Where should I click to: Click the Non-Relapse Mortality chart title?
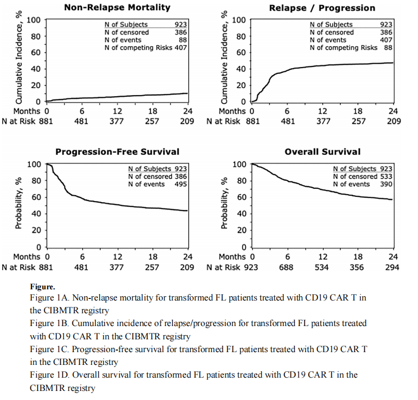(117, 7)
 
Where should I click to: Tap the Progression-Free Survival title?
(117, 152)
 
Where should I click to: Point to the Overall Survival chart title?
(322, 152)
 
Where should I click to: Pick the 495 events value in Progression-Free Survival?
(180, 184)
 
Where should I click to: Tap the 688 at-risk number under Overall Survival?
(287, 267)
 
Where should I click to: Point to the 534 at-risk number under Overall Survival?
(322, 267)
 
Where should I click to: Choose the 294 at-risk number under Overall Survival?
(392, 267)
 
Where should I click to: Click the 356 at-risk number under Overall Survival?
(357, 267)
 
